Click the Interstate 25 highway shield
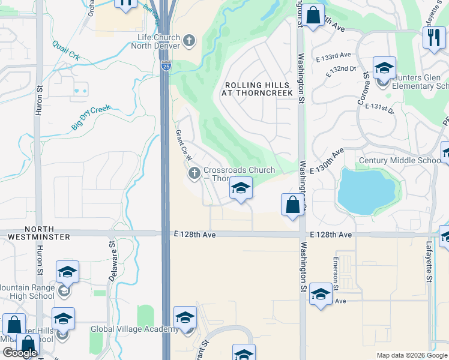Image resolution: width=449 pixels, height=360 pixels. coord(165,67)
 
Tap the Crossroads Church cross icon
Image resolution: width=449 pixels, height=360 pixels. coord(194,174)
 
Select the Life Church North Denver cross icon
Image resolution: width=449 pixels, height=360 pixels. coord(190,41)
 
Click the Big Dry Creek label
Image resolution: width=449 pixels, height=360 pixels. coord(91,117)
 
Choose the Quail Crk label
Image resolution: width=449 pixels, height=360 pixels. coord(66,51)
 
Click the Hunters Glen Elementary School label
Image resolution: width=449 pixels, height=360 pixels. coord(420,82)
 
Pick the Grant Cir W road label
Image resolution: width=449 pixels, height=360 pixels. coord(183,145)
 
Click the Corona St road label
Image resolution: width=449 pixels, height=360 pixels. coord(363,90)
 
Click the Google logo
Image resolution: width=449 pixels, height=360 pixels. coord(20,353)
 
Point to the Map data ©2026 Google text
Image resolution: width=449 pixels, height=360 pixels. coord(411,355)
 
